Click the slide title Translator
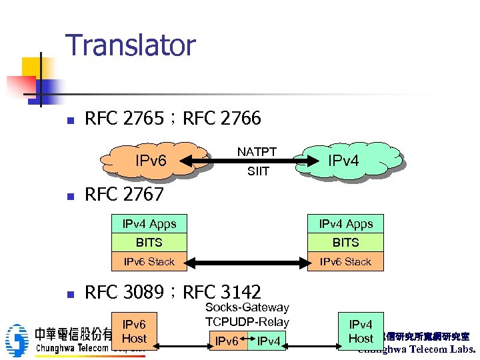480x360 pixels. tap(131, 45)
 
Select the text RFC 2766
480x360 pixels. tap(221, 119)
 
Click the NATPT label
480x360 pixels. tap(257, 151)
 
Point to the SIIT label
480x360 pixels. tap(258, 171)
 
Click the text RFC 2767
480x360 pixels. tap(124, 194)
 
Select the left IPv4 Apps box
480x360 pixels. tap(149, 224)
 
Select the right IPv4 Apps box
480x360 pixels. tap(345, 224)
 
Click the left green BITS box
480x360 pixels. tap(149, 243)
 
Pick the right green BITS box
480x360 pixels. tap(345, 243)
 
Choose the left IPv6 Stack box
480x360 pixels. tap(149, 261)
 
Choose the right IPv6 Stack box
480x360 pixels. tap(345, 261)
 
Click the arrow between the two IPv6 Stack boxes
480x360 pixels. tap(247, 261)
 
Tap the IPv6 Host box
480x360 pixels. tap(134, 331)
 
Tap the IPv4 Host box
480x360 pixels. tap(361, 331)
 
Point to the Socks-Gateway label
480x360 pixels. tap(247, 307)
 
